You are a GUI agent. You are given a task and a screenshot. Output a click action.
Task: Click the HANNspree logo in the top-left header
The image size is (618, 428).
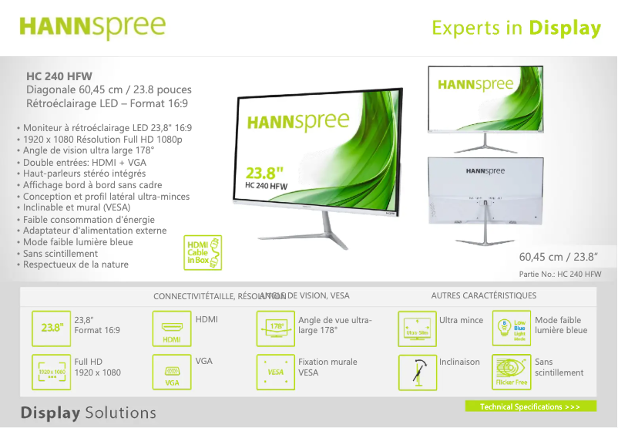click(x=92, y=27)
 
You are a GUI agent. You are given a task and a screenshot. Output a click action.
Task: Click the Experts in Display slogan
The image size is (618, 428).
click(x=516, y=29)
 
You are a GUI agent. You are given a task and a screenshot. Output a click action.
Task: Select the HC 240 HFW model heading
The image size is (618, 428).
click(x=59, y=76)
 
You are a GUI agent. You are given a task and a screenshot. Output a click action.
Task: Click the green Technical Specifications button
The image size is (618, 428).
click(x=530, y=406)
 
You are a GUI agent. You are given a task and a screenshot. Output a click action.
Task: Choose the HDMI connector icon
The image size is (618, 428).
click(x=172, y=328)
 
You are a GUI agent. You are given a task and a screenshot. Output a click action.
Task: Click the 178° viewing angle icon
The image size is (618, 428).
click(x=275, y=328)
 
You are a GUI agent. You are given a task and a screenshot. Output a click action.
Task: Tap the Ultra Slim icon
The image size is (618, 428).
click(x=416, y=328)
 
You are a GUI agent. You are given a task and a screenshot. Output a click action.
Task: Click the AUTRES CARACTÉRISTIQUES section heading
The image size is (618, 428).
click(x=483, y=295)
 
